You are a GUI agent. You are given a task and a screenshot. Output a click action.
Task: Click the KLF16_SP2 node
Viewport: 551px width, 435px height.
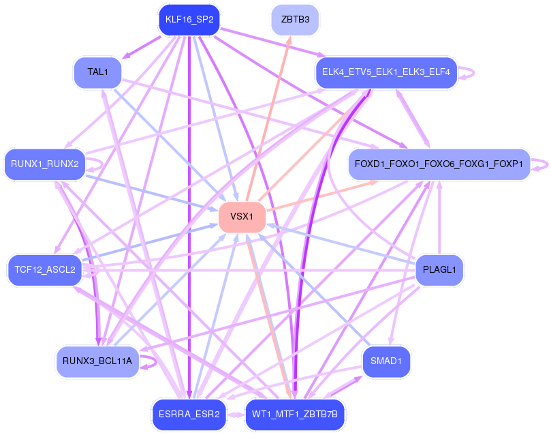(189, 20)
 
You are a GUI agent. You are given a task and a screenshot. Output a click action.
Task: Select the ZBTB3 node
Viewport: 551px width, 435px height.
(295, 20)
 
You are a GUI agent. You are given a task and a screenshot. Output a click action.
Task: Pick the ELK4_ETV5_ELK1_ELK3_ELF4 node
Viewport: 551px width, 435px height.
(385, 72)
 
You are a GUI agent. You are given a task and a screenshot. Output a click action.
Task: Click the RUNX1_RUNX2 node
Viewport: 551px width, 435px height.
(45, 164)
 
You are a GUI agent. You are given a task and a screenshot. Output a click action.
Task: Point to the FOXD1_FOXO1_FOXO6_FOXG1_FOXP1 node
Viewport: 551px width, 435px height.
(439, 164)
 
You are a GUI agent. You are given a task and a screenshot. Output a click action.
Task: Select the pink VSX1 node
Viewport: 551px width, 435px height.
(242, 217)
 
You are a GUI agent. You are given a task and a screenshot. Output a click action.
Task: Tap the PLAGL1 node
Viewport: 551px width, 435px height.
(439, 269)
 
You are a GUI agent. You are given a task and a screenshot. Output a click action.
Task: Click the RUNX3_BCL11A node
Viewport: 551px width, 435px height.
(97, 361)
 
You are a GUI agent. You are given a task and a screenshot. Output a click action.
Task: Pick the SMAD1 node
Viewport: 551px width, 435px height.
(385, 361)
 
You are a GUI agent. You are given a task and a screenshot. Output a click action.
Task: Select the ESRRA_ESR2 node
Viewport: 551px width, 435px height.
(188, 414)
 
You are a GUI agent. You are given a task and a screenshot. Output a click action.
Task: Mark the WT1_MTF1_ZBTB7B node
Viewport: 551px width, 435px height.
(295, 414)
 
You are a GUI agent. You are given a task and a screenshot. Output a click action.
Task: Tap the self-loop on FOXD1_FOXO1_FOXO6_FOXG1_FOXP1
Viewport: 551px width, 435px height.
(541, 164)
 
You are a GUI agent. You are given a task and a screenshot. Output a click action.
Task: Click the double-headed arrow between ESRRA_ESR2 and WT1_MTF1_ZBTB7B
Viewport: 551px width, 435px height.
(235, 414)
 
